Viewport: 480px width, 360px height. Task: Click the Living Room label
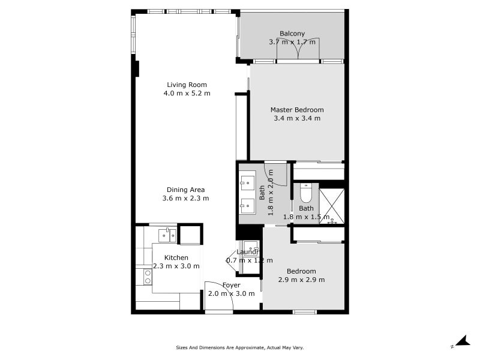coord(187,85)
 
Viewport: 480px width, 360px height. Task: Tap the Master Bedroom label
coord(297,110)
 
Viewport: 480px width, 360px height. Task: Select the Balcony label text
coord(292,34)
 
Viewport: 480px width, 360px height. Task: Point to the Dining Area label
coord(185,190)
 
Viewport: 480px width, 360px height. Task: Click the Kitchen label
coord(176,258)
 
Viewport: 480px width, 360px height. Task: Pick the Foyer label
coord(232,286)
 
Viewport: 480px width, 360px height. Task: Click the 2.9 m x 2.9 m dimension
coord(302,280)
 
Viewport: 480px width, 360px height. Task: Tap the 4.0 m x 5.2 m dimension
coord(187,94)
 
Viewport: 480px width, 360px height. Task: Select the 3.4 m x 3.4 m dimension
coord(297,118)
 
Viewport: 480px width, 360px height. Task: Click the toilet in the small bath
coord(305,193)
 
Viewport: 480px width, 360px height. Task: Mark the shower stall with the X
coord(332,206)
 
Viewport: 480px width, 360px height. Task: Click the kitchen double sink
coord(167,235)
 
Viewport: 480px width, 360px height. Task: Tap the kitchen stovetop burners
coord(148,277)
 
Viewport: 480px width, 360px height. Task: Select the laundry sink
coord(251,247)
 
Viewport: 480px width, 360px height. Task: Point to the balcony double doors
coord(298,49)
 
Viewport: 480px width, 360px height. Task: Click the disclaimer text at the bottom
coord(239,347)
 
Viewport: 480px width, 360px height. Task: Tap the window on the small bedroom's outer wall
coord(305,312)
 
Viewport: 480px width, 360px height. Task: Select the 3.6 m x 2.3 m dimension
coord(185,199)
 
